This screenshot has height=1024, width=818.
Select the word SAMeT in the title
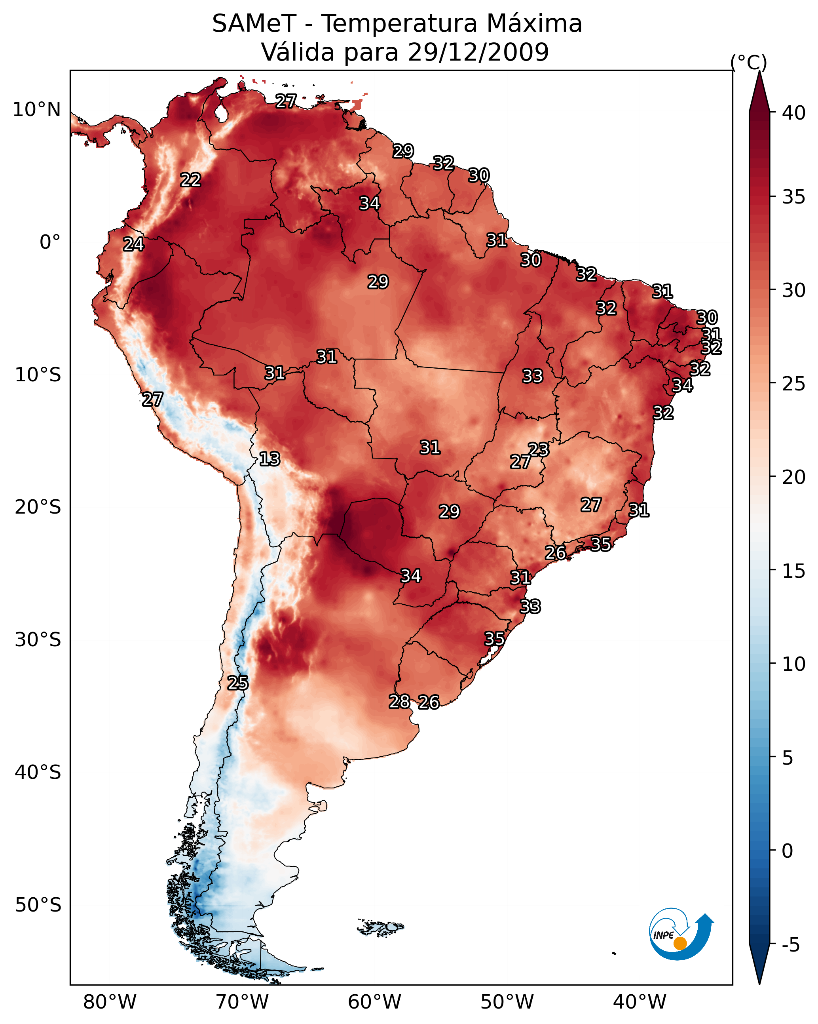point(254,23)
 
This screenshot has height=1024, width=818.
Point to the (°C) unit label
point(748,62)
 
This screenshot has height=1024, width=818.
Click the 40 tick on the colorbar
point(794,113)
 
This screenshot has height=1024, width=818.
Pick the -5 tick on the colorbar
point(790,945)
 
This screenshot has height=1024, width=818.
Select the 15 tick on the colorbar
point(794,571)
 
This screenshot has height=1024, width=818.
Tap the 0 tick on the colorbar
point(787,851)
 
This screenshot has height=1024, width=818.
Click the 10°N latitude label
point(36,110)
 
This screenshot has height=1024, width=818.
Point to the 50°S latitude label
point(38,905)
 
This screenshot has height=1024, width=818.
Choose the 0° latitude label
point(50,242)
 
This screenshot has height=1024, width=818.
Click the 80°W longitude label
point(110,1002)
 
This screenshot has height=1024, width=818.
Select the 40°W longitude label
point(640,1002)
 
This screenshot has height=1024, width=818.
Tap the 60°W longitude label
point(375,1002)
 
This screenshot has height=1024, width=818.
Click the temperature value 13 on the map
point(270,459)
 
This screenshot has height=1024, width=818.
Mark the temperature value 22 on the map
point(191,180)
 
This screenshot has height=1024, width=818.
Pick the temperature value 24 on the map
point(133,244)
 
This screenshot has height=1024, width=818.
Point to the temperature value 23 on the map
point(538,449)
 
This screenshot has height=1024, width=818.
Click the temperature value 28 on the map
point(399,701)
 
